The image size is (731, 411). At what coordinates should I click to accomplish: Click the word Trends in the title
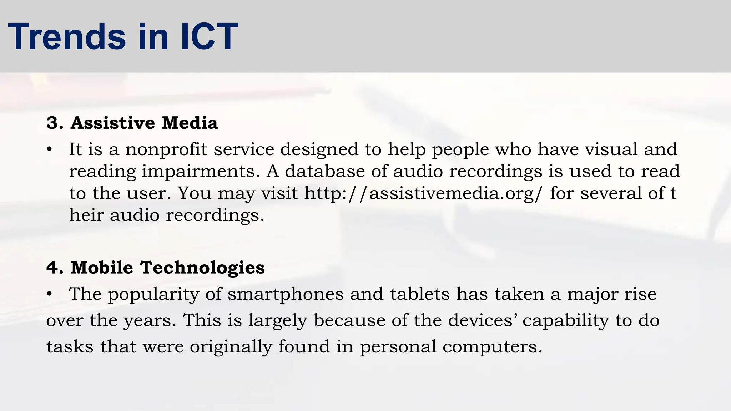point(67,37)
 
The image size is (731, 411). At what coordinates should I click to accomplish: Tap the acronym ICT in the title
point(209,37)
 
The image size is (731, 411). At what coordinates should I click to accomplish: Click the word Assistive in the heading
point(113,123)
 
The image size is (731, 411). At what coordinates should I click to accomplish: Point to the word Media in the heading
point(190,123)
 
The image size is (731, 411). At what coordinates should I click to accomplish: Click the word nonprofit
point(166,149)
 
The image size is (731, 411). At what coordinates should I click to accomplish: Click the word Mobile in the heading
point(102,268)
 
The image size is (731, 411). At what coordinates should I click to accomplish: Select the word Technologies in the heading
point(202,268)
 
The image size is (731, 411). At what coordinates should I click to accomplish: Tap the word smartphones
point(286,295)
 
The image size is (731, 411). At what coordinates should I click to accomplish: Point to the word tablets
point(420,295)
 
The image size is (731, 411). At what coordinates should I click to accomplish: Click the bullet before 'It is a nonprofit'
point(50,150)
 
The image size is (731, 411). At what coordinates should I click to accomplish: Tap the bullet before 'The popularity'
point(50,295)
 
